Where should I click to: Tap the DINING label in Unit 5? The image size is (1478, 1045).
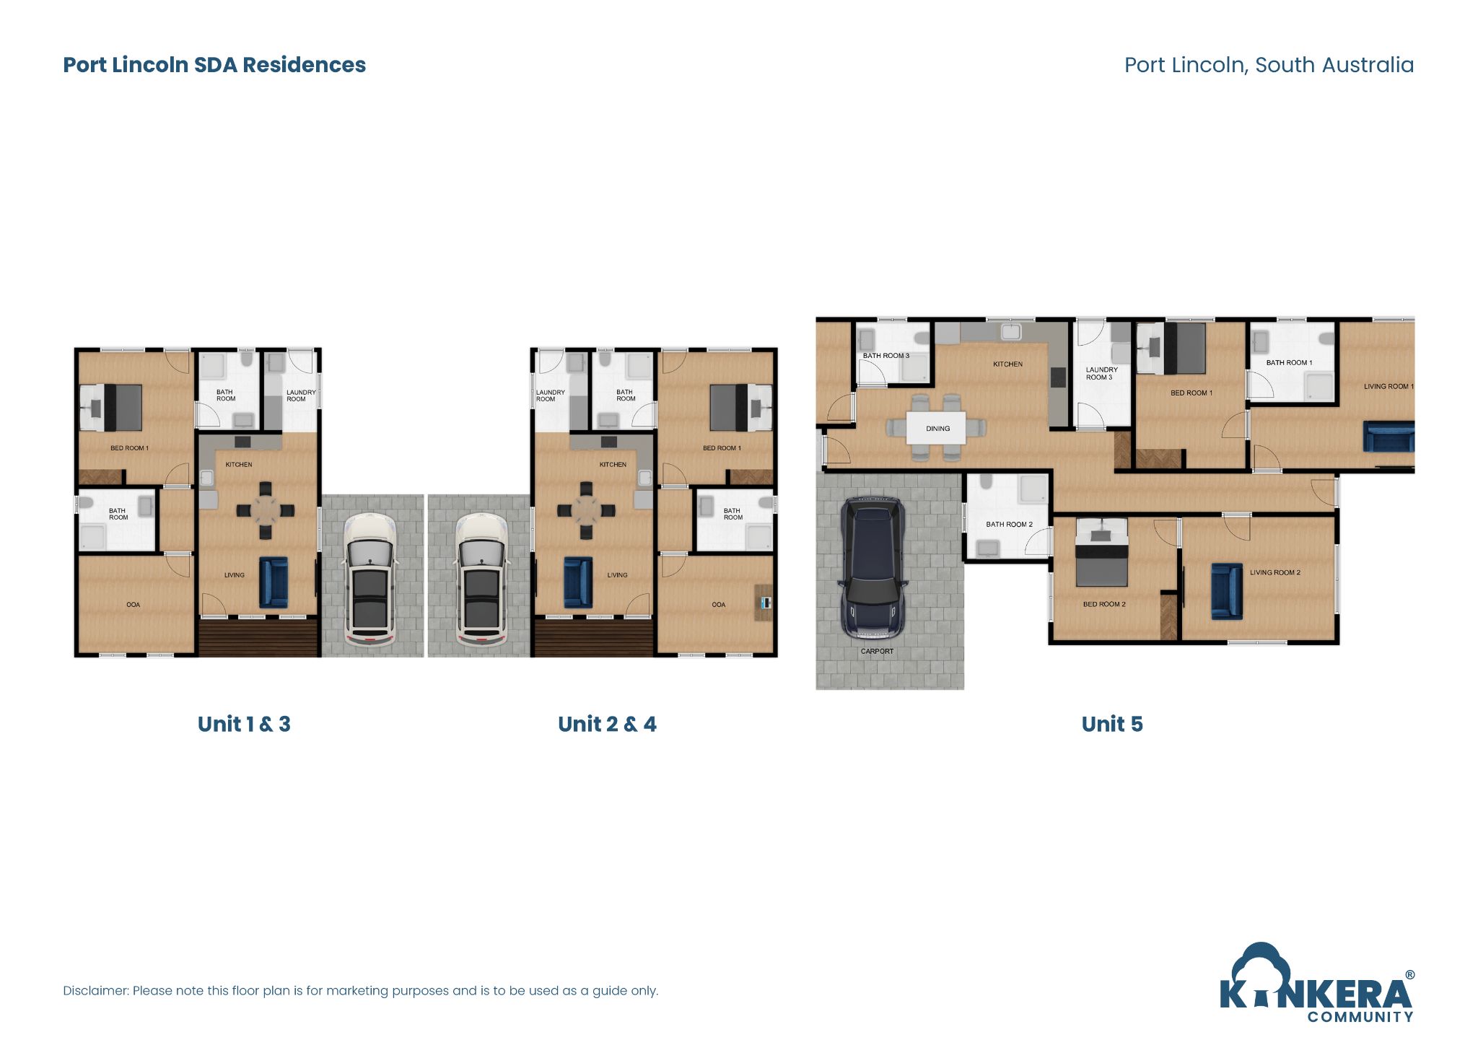(x=937, y=429)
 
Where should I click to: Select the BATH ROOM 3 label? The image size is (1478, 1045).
(x=886, y=356)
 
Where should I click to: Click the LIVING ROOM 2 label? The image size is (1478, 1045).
(x=1274, y=572)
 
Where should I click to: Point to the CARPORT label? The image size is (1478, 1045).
(x=877, y=651)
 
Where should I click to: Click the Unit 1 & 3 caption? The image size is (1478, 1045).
(x=244, y=724)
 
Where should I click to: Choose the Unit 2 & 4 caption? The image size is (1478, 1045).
(x=607, y=724)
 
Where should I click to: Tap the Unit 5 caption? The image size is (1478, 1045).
(x=1111, y=724)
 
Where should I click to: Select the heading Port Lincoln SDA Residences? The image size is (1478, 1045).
(x=214, y=65)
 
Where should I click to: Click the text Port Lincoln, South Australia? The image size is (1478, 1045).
(x=1269, y=65)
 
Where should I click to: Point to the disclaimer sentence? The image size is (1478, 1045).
(x=360, y=991)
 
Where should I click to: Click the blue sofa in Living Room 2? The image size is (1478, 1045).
(x=1226, y=591)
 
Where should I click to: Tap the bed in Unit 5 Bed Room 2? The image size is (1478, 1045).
(x=1101, y=554)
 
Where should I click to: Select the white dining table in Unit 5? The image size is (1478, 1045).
(x=936, y=428)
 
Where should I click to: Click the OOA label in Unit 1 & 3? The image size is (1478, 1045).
(x=133, y=605)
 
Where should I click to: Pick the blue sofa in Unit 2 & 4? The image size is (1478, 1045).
(x=578, y=582)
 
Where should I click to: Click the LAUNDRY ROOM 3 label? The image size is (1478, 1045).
(x=1101, y=373)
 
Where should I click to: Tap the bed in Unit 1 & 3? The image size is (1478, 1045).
(x=112, y=408)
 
